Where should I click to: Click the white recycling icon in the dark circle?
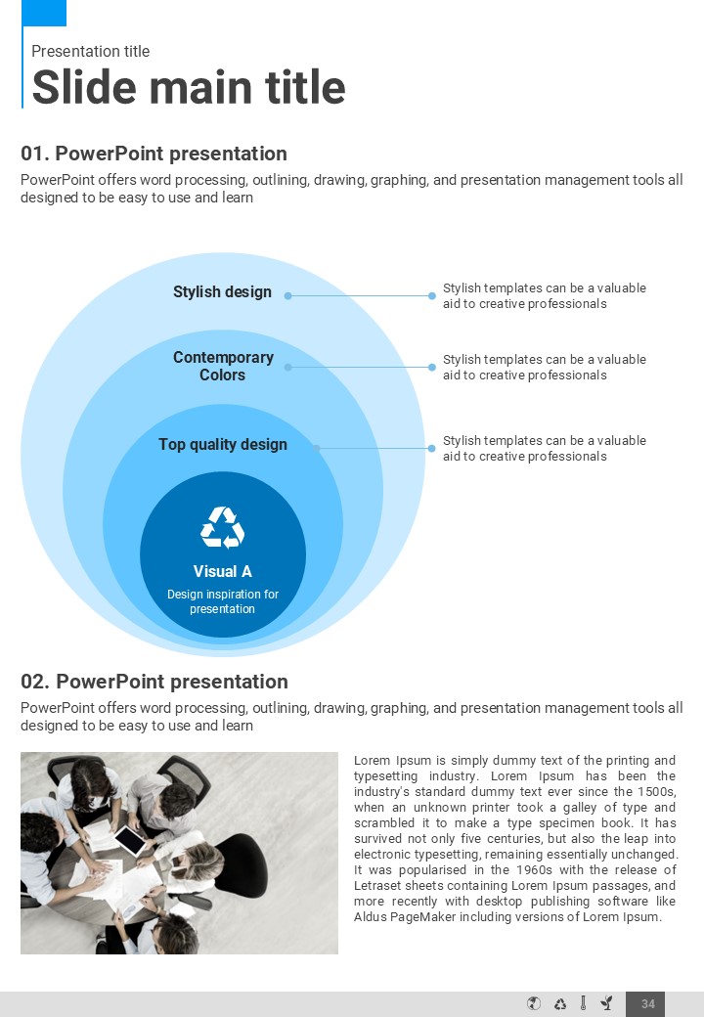click(x=223, y=527)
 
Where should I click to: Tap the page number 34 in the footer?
click(x=647, y=1004)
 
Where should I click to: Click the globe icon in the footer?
click(x=534, y=1003)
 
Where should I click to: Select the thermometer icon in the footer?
click(x=583, y=1003)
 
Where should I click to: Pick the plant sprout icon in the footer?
click(x=606, y=1003)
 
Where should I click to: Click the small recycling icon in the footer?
click(x=560, y=1003)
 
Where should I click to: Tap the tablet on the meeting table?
click(x=130, y=838)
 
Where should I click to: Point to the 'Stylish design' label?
click(x=222, y=292)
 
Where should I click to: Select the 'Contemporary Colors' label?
click(x=223, y=366)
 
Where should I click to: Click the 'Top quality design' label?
click(x=223, y=445)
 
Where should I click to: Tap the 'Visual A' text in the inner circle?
click(x=223, y=572)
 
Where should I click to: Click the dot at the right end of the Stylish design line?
click(x=432, y=295)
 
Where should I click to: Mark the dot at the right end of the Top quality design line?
click(x=432, y=448)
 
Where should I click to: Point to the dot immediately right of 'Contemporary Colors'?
click(x=287, y=367)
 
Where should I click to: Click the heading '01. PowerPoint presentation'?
click(x=154, y=154)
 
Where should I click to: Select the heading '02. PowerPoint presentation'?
click(x=154, y=682)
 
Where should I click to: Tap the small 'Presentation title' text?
click(x=90, y=52)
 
